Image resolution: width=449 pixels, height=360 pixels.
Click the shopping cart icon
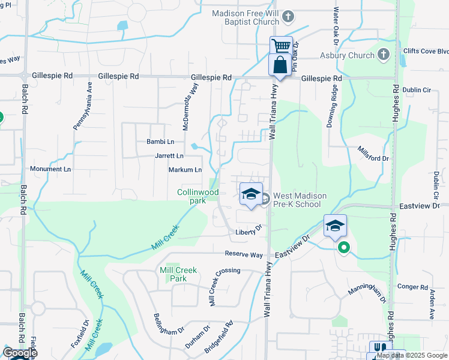pos(280,46)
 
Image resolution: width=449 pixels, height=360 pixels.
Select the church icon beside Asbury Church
pos(384,56)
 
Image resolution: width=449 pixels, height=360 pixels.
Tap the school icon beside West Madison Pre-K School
pos(250,194)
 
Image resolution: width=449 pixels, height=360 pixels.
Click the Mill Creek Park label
pos(178,274)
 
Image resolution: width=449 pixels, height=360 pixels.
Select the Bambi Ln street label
pos(160,142)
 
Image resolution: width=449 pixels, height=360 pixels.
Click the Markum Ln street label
pos(185,170)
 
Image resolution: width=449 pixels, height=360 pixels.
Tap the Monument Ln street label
pos(50,169)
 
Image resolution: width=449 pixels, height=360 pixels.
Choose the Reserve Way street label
pos(244,255)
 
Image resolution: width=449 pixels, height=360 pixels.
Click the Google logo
pos(20,353)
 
